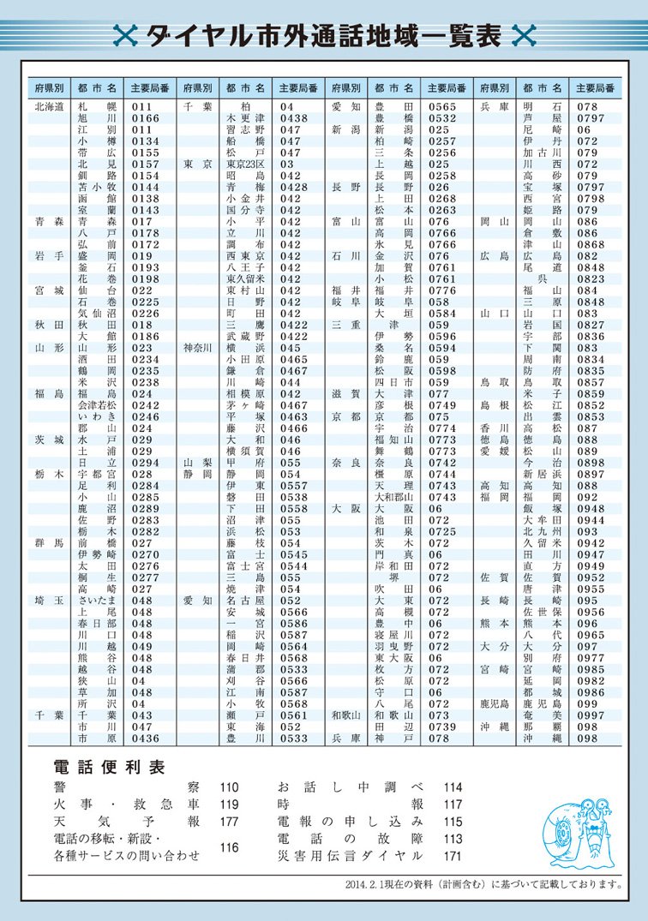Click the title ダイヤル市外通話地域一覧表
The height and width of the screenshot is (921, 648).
pos(325,35)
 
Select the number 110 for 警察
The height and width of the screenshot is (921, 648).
pos(229,786)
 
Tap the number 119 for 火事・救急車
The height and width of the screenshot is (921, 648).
pos(229,804)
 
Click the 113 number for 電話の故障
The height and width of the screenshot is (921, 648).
pos(453,838)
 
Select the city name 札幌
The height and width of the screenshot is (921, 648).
pos(96,107)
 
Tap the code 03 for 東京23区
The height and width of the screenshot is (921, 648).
pos(286,164)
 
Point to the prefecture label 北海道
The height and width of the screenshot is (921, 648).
pos(50,107)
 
